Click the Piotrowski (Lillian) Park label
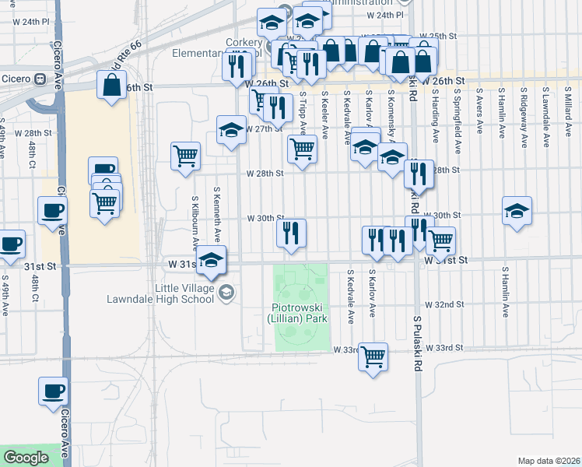(x=296, y=313)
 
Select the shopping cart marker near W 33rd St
(x=373, y=356)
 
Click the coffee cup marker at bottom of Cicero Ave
(x=53, y=392)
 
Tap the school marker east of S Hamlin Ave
(x=517, y=210)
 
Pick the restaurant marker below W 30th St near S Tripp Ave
(x=292, y=233)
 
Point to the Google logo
(x=26, y=458)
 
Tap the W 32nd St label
(x=444, y=304)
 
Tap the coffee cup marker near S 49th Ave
(x=11, y=244)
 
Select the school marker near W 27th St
(x=231, y=129)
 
